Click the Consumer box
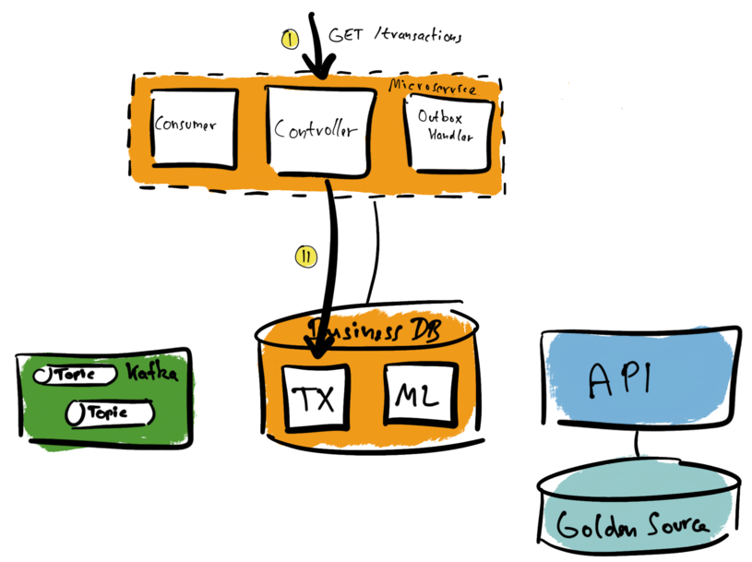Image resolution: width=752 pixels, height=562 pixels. tap(189, 127)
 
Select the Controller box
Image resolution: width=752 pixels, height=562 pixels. tap(316, 129)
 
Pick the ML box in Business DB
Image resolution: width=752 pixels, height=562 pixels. tap(418, 397)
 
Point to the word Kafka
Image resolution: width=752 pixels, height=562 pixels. tap(150, 375)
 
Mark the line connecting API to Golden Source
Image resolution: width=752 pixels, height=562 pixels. tap(638, 447)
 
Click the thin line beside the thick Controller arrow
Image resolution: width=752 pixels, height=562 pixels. tap(376, 249)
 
